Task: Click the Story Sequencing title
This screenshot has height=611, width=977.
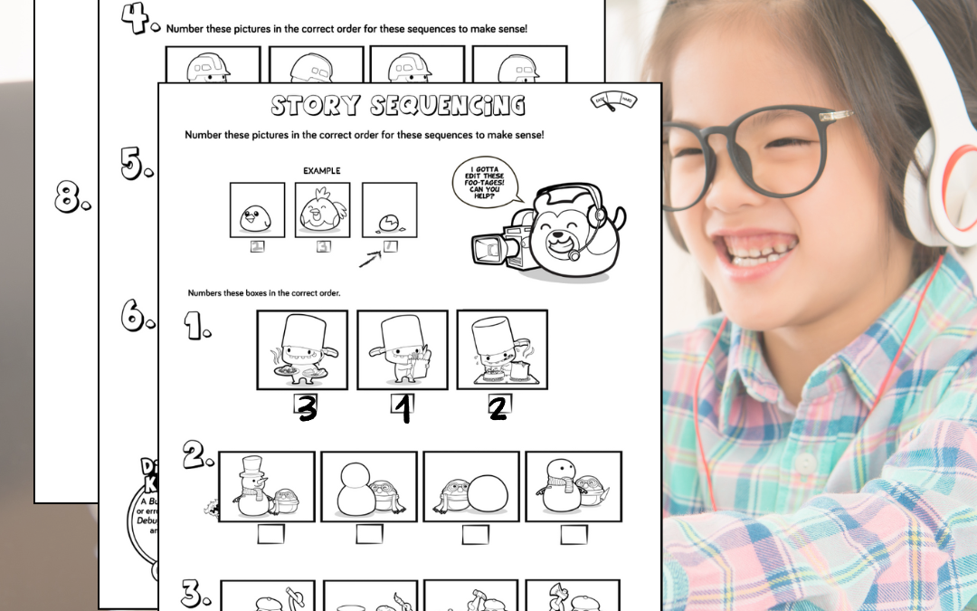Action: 398,105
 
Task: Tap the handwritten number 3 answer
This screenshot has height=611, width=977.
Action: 307,410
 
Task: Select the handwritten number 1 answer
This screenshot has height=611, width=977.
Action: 403,409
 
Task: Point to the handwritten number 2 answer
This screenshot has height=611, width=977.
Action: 498,409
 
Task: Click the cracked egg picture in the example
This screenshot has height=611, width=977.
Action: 389,219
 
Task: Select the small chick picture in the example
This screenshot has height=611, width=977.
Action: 257,217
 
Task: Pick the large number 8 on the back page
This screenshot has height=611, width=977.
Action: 72,198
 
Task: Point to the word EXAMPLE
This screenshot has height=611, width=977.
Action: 323,169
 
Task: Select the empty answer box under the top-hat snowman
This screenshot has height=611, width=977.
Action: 270,534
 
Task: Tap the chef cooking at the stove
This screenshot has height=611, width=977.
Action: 501,348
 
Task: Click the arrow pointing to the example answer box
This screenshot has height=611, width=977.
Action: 370,260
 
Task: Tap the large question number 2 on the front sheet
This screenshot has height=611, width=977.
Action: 196,458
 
